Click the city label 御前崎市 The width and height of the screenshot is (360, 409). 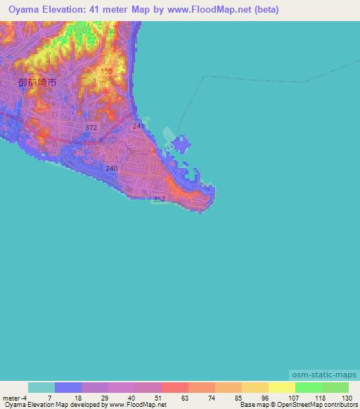37,82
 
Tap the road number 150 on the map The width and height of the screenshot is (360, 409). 106,72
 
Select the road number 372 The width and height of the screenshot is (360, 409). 91,127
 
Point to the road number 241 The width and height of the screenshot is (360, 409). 138,126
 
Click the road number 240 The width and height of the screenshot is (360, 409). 111,169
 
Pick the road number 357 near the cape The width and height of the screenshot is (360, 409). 160,200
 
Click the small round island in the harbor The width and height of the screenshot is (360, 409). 180,145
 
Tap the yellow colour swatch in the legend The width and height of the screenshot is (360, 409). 281,388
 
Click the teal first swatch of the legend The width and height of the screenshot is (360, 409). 41,388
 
